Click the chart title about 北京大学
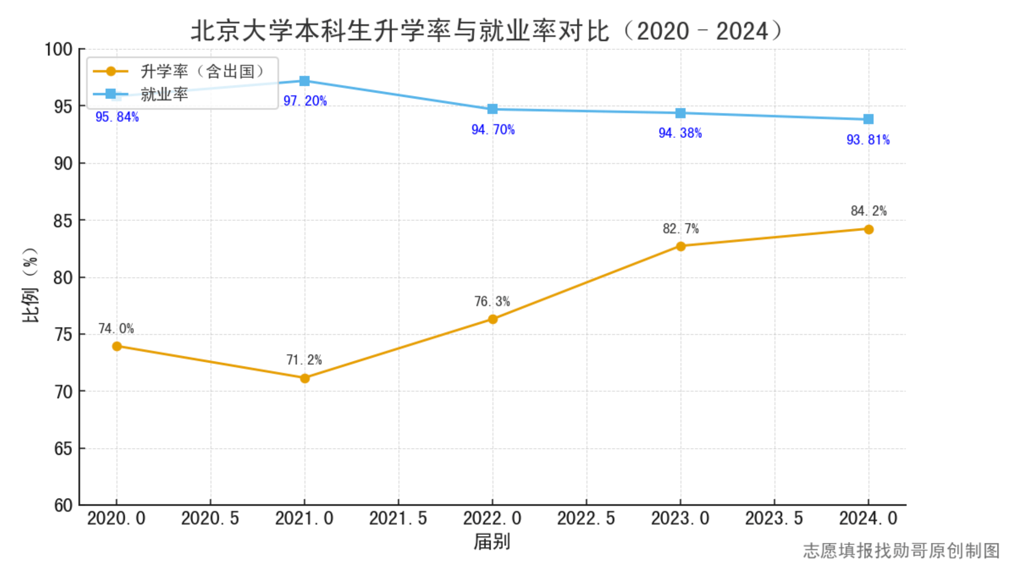(486, 31)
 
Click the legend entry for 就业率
(164, 94)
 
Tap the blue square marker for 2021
(305, 81)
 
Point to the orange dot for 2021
(305, 378)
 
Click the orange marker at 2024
(868, 229)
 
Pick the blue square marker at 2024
(868, 119)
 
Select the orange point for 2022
(493, 319)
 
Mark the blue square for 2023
(681, 113)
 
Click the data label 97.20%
(305, 101)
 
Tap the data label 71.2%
(304, 360)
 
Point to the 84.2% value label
(868, 211)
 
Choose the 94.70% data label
(493, 130)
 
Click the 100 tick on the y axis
(59, 49)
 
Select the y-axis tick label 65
(63, 449)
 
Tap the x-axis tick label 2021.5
(398, 519)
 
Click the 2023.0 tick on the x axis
(680, 519)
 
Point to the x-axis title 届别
(492, 542)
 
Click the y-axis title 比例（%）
(31, 285)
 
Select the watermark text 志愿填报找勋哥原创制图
(901, 551)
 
